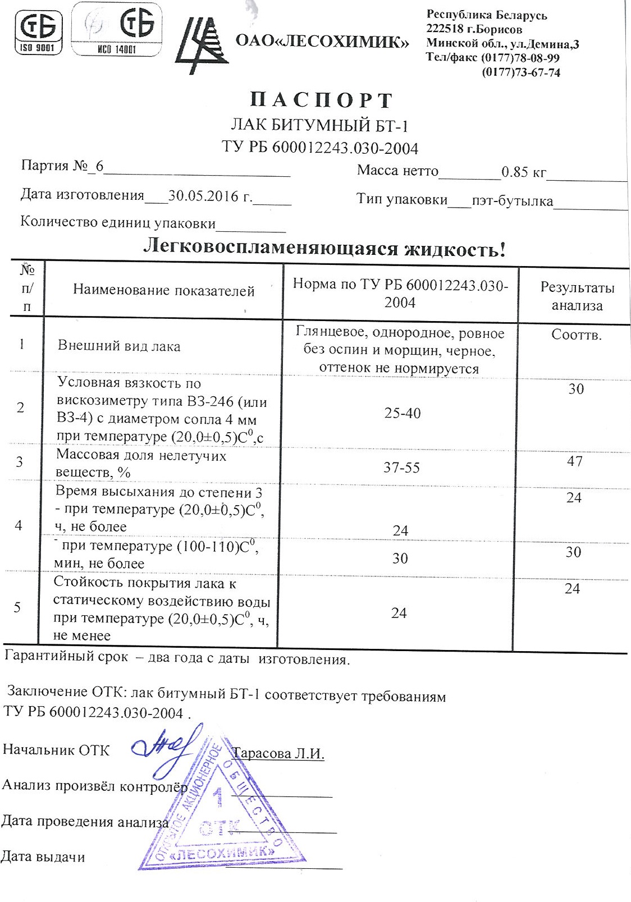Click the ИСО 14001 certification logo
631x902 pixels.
[117, 30]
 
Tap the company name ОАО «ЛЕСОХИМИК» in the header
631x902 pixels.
[322, 41]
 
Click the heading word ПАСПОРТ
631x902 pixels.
[321, 100]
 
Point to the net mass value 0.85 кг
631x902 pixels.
[523, 172]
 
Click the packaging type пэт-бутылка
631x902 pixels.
[512, 200]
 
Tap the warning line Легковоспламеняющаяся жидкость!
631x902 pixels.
[324, 248]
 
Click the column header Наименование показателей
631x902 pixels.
[163, 291]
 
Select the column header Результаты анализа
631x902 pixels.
[577, 296]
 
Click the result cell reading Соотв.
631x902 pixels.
[576, 335]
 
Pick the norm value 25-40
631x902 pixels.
[402, 413]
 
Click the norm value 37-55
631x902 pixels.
[401, 468]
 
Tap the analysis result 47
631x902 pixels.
[575, 461]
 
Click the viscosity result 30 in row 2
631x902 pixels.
[576, 389]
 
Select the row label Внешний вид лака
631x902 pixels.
[119, 346]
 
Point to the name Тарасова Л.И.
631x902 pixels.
[278, 753]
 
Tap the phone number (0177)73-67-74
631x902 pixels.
[521, 72]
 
